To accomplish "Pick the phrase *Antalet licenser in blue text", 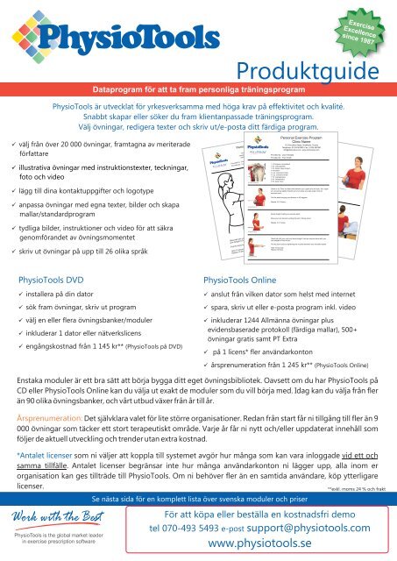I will pos(50,457).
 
